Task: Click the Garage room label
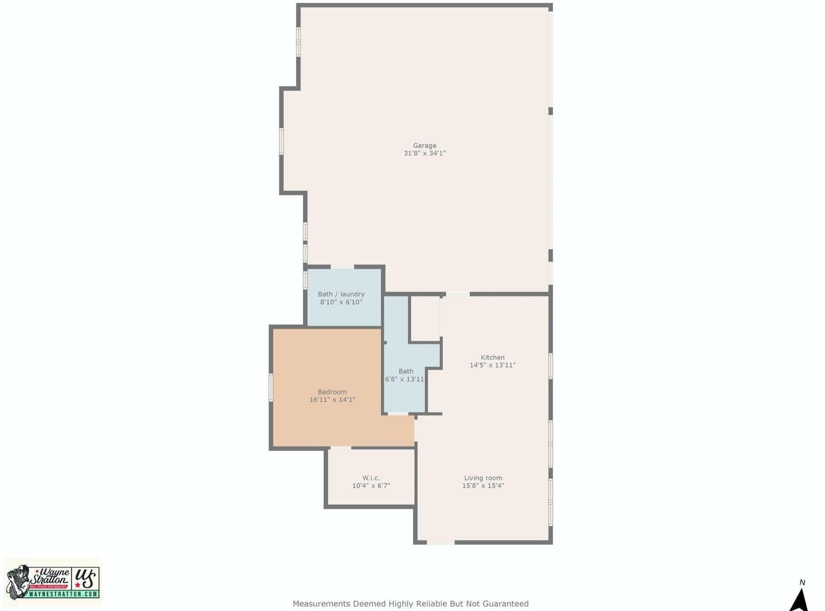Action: tap(424, 145)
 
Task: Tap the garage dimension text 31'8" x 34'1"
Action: tap(424, 153)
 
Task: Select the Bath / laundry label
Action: tap(341, 294)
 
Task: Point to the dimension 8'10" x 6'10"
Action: tap(341, 302)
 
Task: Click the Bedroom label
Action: tap(332, 392)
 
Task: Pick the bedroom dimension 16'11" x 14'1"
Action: tap(332, 399)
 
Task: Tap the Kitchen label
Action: tap(492, 357)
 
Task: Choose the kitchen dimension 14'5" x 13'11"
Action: tap(492, 365)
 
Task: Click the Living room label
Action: tap(483, 478)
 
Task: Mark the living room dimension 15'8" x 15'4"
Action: tap(483, 486)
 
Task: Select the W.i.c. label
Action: tap(371, 478)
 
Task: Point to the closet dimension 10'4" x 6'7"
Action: tap(371, 486)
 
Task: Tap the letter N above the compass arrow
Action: tap(802, 582)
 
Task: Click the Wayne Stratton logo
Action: tap(53, 582)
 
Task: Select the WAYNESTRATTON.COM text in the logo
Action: tap(63, 594)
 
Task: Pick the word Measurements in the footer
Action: tap(321, 603)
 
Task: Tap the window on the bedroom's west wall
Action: tap(271, 388)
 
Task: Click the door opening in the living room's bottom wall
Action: tap(440, 542)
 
